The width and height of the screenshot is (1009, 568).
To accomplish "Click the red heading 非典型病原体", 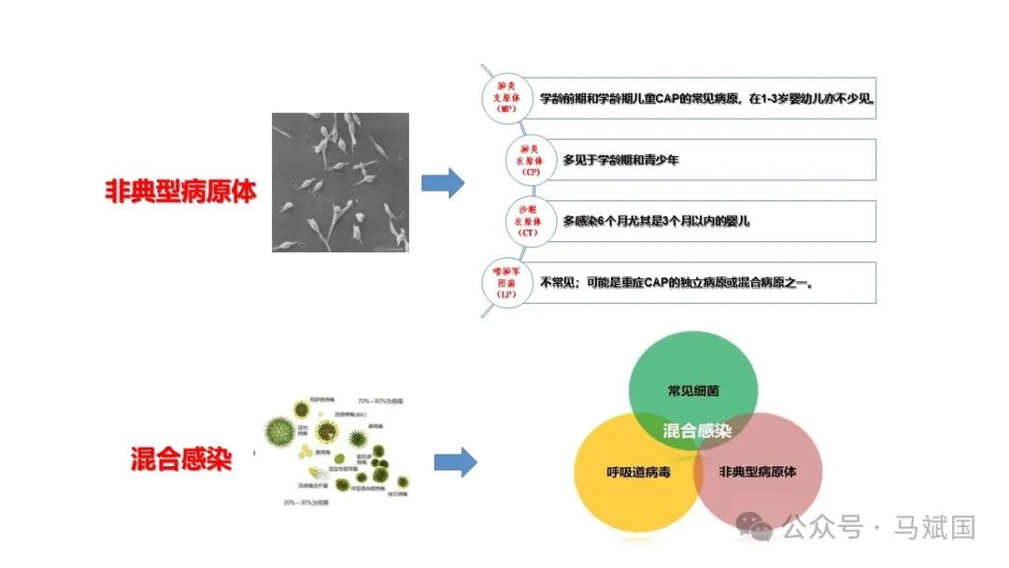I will coord(180,191).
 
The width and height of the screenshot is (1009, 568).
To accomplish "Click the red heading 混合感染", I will coord(180,460).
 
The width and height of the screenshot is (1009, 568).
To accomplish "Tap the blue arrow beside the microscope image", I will coord(442,183).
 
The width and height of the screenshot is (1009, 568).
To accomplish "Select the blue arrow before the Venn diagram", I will coord(455,461).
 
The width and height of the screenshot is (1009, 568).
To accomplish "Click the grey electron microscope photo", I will coord(340,182).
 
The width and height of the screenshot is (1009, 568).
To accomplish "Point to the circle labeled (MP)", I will coord(506,97).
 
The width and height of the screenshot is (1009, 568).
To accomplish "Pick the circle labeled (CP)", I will coord(531,160).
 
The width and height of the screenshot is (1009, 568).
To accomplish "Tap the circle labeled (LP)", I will coord(506,282).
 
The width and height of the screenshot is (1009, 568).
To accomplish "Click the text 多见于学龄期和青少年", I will coord(620,160).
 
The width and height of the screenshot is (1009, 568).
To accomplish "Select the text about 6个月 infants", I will coord(656,221).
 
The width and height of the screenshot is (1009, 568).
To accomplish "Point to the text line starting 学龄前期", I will coord(707,98).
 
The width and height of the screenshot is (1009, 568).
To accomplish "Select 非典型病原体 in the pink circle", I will coord(758,472).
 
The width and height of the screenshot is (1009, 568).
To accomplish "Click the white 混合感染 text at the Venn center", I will coord(696,431).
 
